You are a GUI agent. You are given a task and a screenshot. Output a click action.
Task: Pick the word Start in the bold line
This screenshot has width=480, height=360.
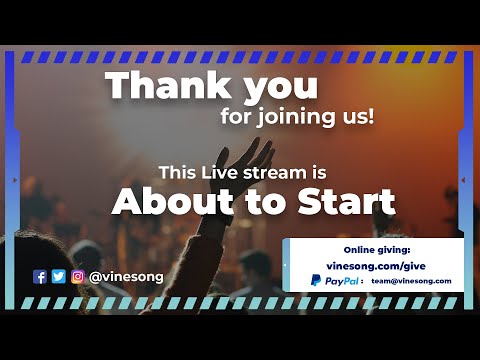[x=346, y=201]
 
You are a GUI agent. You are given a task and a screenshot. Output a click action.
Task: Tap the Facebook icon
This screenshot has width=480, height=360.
[x=40, y=277]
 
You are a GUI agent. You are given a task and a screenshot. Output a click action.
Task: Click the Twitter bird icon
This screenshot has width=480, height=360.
[x=58, y=277]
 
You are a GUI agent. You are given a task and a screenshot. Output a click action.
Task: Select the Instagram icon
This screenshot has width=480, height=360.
[x=77, y=277]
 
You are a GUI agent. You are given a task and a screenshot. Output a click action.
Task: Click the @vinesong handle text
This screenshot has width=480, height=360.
[x=126, y=277]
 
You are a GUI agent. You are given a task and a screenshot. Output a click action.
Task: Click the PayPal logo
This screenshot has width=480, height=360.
[x=335, y=281]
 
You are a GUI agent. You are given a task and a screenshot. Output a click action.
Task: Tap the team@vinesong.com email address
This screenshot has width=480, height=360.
[x=411, y=282]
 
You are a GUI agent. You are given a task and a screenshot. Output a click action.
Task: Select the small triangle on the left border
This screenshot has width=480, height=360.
[x=13, y=179]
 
